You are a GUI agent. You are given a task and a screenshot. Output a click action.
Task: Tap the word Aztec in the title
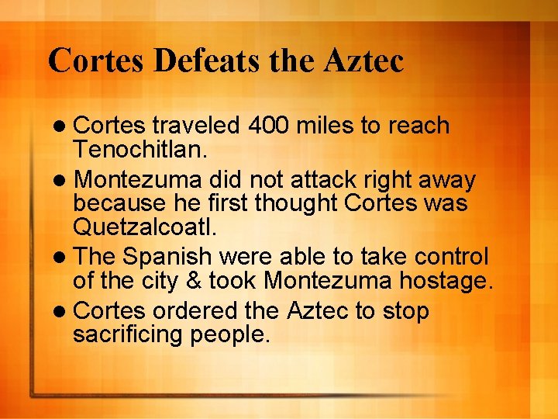coord(360,60)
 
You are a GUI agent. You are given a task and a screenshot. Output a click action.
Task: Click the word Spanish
coord(169,257)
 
